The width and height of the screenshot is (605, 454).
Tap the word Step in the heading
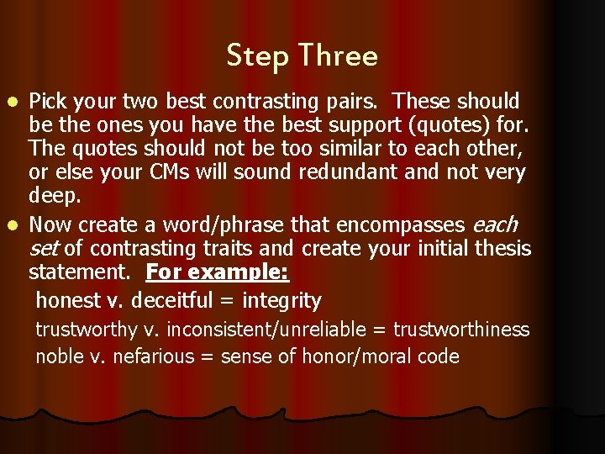(256, 57)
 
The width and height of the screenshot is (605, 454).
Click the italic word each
(496, 225)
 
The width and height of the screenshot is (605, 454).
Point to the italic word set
(44, 249)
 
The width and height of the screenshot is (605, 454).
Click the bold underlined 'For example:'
(218, 273)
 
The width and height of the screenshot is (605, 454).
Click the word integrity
(281, 300)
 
